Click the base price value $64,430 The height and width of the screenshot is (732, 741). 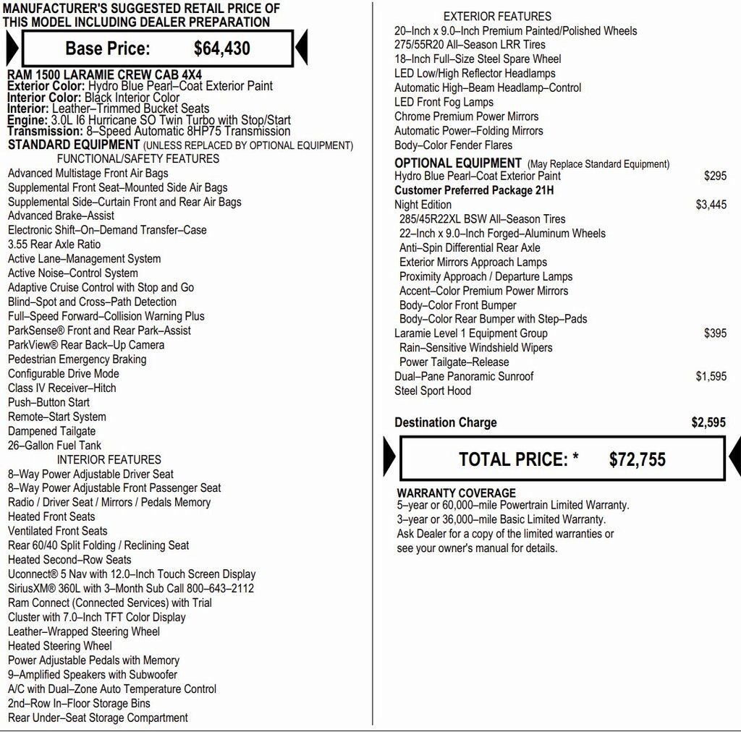click(222, 48)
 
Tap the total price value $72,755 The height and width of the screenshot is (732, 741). click(637, 459)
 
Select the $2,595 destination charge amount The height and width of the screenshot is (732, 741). click(708, 423)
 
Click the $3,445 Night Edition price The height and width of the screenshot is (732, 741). click(711, 205)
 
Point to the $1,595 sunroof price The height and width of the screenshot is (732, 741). click(711, 376)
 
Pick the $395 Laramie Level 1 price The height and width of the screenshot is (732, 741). click(715, 333)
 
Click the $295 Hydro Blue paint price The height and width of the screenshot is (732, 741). click(715, 176)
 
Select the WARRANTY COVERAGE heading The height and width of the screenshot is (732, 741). click(456, 493)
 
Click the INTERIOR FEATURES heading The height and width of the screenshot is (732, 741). click(109, 459)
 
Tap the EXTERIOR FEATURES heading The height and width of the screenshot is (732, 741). click(497, 16)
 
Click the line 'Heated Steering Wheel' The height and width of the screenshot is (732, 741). click(60, 646)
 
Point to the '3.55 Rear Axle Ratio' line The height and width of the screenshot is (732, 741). click(54, 244)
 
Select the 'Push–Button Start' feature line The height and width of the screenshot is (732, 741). click(48, 402)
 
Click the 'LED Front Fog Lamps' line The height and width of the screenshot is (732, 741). click(444, 102)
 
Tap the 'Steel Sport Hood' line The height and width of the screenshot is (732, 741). click(433, 391)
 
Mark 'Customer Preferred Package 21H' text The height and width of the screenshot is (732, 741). click(474, 190)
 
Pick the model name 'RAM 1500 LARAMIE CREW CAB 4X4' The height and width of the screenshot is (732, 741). click(104, 75)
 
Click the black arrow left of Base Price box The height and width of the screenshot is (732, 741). click(12, 48)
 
